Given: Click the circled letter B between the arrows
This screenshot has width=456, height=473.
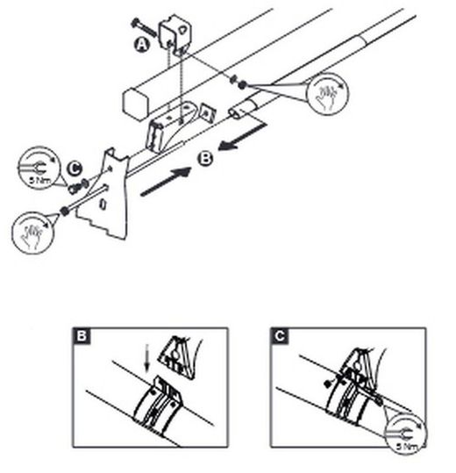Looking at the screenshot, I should (205, 159).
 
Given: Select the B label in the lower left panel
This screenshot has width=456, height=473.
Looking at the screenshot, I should (81, 336).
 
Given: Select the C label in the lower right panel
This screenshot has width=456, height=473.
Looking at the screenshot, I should (277, 336).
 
